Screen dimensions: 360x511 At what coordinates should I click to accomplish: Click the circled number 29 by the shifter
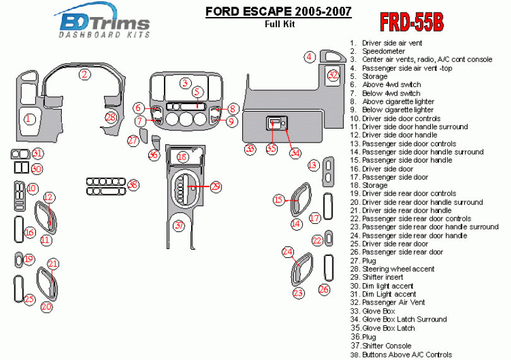coord(216,186)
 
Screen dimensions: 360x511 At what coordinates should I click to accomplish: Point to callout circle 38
coord(133,185)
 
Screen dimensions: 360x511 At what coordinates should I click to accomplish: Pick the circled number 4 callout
coord(309,57)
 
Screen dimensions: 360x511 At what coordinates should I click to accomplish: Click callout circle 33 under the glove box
coord(250,149)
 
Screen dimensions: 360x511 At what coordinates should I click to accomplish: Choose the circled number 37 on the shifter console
coord(180,225)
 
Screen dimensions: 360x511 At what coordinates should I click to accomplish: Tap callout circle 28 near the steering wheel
coord(111,117)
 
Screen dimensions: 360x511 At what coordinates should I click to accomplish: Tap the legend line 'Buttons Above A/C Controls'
coord(407,354)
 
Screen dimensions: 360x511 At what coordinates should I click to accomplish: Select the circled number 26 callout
coord(324,289)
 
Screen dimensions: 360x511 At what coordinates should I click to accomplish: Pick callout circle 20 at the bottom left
coord(47,307)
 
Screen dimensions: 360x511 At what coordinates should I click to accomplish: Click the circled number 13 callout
coord(313,165)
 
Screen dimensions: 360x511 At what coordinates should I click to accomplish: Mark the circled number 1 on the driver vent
coord(29,118)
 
